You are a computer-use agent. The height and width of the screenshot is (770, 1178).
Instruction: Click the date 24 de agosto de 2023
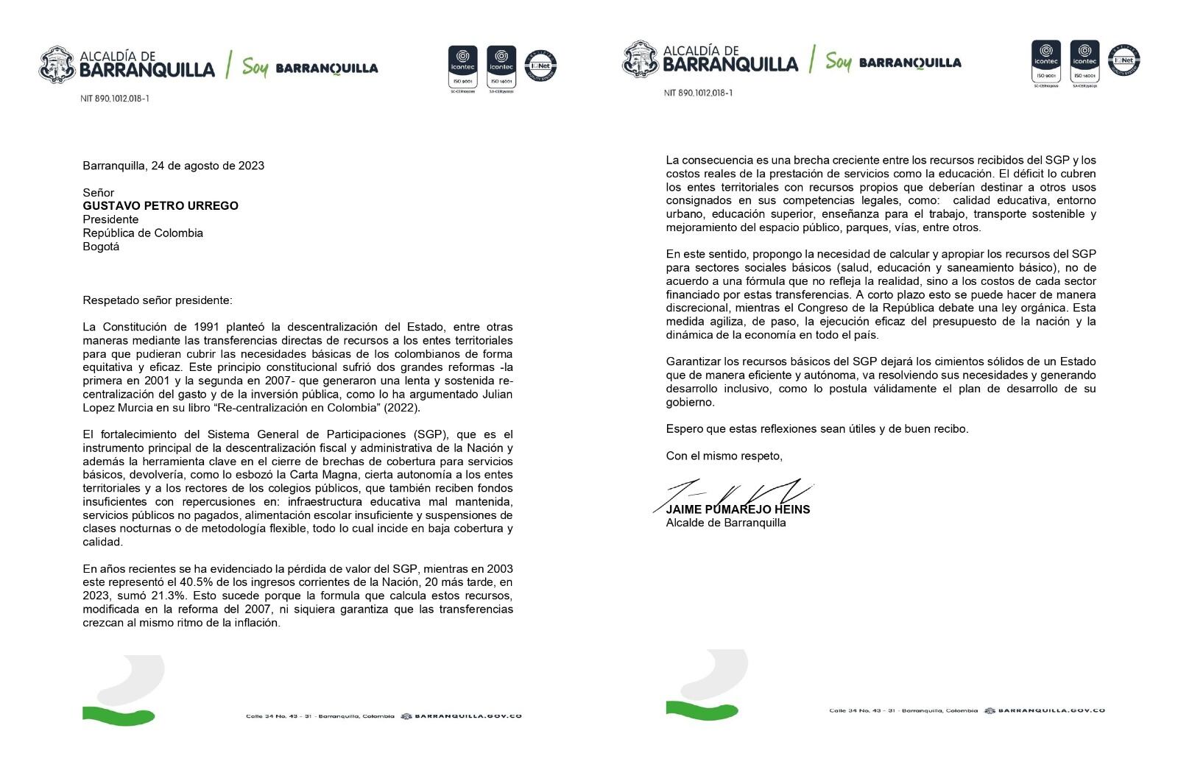[x=208, y=166]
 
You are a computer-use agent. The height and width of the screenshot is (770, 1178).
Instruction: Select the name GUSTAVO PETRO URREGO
[x=161, y=206]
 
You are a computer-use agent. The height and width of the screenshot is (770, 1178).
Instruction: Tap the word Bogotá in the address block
[x=101, y=247]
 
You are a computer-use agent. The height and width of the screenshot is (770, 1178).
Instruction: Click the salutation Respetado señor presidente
[x=157, y=300]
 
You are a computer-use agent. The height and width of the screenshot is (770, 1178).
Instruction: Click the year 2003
[x=499, y=569]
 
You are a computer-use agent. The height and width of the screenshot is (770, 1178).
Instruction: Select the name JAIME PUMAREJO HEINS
[x=738, y=509]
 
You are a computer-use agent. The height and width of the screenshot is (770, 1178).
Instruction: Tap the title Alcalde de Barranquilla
[x=725, y=523]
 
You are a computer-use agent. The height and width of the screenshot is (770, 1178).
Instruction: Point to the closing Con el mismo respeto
[x=724, y=456]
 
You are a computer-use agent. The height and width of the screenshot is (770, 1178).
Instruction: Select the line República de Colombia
[x=143, y=233]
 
